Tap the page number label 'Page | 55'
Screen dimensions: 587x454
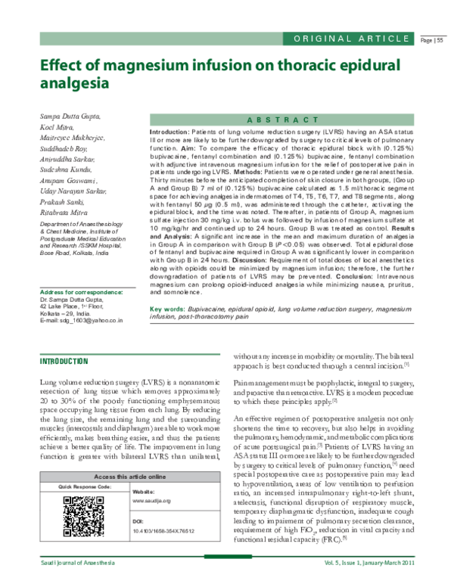(x=432, y=40)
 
